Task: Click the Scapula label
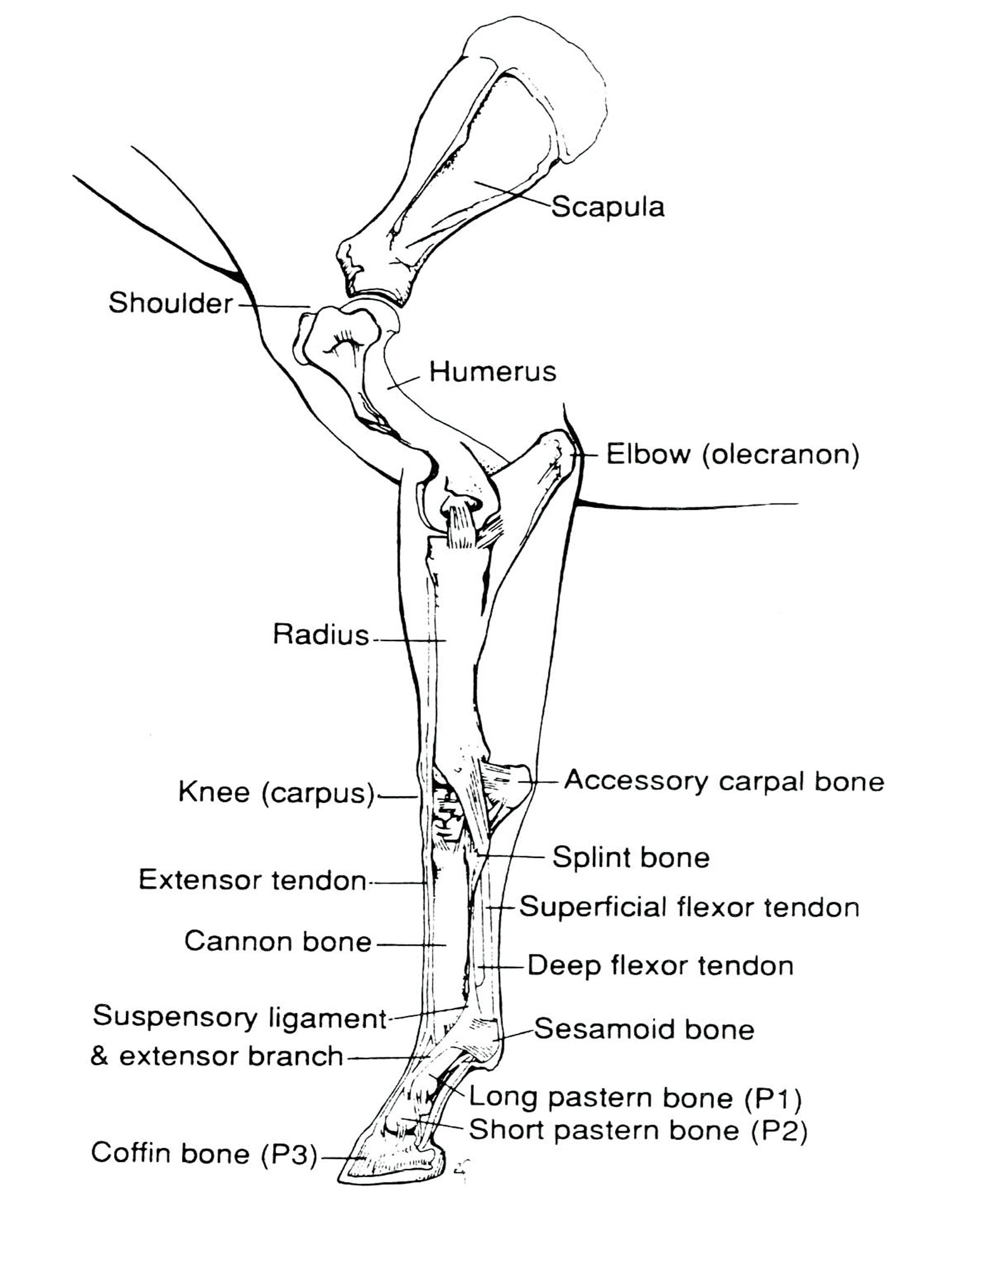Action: point(608,207)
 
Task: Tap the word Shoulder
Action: point(170,303)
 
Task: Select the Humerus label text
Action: point(492,372)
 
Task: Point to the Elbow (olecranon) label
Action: point(732,454)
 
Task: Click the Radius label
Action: point(321,635)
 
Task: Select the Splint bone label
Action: point(631,858)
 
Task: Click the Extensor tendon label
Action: point(252,881)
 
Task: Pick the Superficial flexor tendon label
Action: point(689,907)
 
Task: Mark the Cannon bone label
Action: point(278,942)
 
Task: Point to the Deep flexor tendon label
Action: point(660,966)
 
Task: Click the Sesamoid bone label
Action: point(644,1029)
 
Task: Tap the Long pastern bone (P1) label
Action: point(636,1098)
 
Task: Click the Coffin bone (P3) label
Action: point(204,1153)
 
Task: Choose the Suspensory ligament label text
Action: point(240,1017)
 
